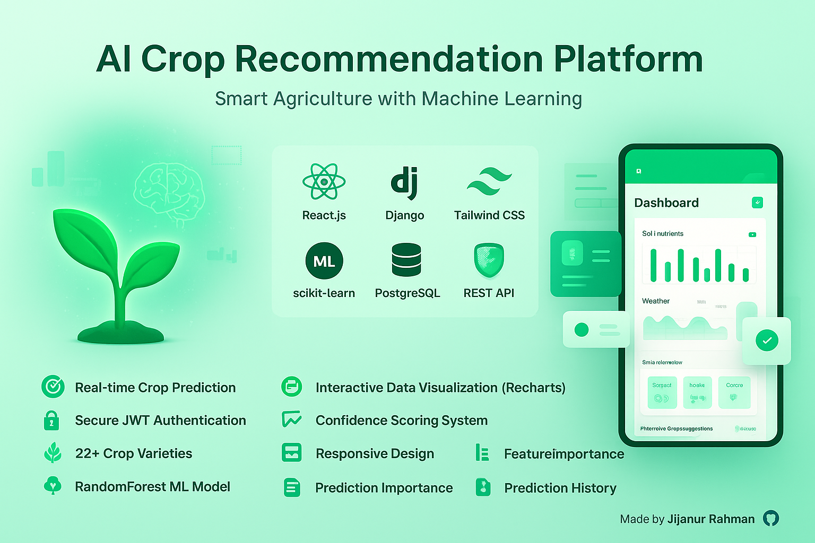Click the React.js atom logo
click(x=324, y=181)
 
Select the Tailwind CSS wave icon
click(x=489, y=182)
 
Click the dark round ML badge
click(x=324, y=261)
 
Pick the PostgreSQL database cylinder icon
click(x=406, y=260)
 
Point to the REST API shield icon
click(x=489, y=260)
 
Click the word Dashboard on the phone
click(x=666, y=203)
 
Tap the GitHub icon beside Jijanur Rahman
click(x=771, y=519)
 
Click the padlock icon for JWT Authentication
click(x=51, y=421)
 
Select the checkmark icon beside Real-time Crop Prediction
click(x=53, y=387)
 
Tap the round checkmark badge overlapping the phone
click(x=767, y=340)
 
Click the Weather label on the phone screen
click(x=656, y=301)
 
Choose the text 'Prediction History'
click(x=560, y=488)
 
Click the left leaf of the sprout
click(x=85, y=239)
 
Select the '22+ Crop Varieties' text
click(x=134, y=453)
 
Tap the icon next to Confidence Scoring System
click(x=292, y=419)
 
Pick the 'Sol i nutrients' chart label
click(x=663, y=234)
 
